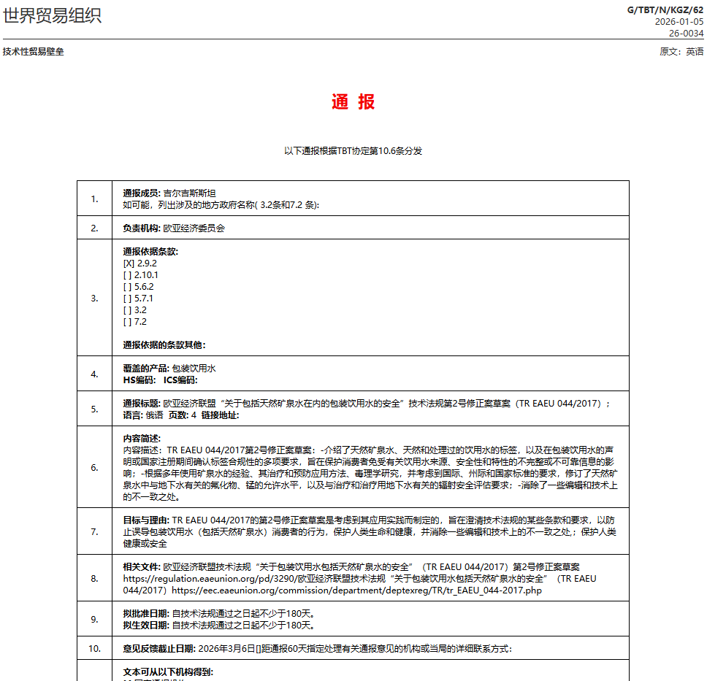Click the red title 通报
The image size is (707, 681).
[353, 102]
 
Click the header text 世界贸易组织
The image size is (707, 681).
[53, 15]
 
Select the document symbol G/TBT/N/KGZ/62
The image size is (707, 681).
[665, 9]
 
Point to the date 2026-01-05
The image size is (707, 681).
[679, 22]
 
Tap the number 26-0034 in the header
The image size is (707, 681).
[687, 33]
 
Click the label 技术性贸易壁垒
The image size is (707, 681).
[33, 52]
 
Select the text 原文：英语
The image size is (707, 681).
[681, 52]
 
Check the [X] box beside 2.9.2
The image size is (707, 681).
[129, 263]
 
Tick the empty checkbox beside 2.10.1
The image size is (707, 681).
[129, 275]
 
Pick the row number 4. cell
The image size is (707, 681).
[94, 374]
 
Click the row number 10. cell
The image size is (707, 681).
[94, 648]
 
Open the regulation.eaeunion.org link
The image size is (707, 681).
[208, 578]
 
